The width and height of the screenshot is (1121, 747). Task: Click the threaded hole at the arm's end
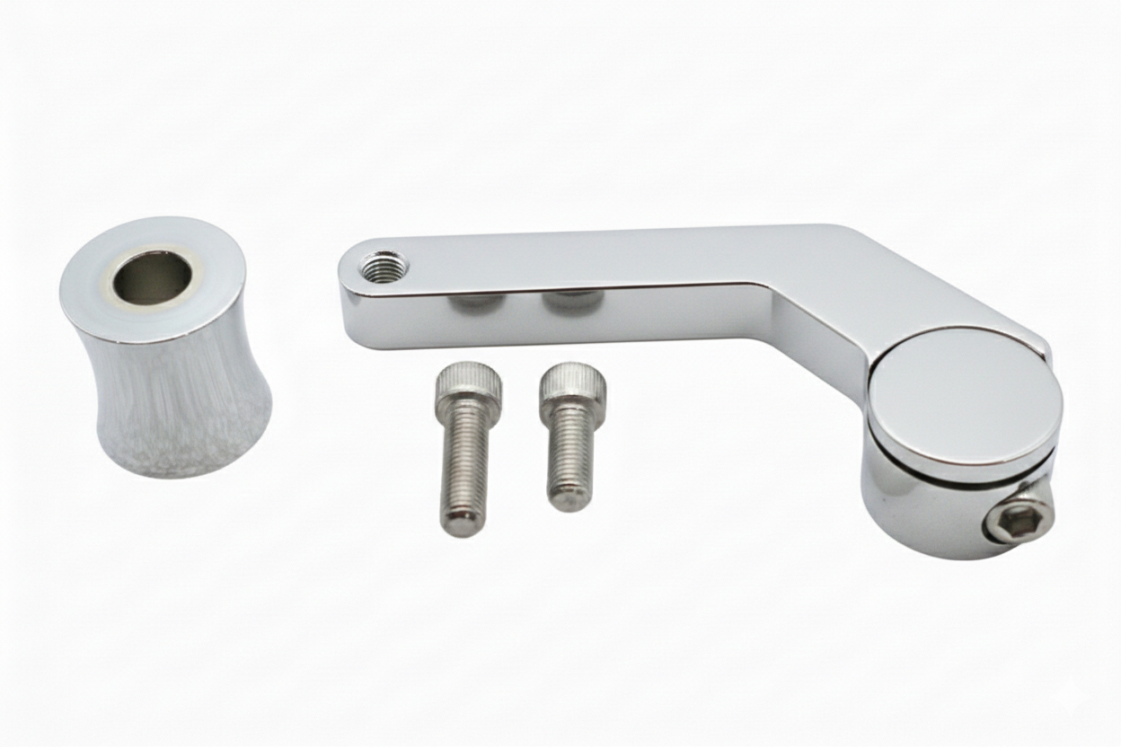pos(384,265)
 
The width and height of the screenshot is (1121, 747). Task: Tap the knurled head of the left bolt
pos(468,385)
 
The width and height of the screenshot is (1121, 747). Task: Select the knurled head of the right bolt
pos(572,384)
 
